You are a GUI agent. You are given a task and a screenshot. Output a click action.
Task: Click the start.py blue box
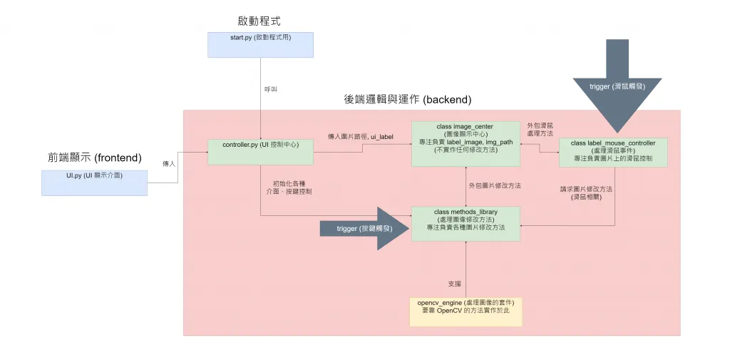pos(260,45)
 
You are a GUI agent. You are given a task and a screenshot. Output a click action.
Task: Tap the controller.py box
pos(260,152)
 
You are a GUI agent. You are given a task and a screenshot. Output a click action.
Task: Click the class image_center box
pos(465,145)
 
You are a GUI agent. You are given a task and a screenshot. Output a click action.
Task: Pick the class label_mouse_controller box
pos(613,152)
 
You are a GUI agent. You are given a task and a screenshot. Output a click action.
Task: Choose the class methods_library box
pos(466,223)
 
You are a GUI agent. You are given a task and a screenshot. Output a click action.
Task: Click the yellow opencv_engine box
pos(466,312)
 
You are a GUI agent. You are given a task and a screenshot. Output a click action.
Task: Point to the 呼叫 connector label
pos(272,89)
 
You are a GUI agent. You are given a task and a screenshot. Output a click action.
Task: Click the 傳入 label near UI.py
pos(169,163)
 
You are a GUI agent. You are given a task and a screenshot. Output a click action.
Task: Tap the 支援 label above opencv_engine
pos(454,284)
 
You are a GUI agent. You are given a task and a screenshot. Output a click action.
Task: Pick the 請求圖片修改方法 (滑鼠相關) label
pos(587,192)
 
